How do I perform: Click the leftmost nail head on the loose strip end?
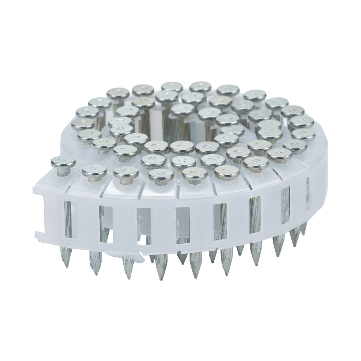(63, 162)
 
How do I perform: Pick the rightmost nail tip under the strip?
(304, 233)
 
